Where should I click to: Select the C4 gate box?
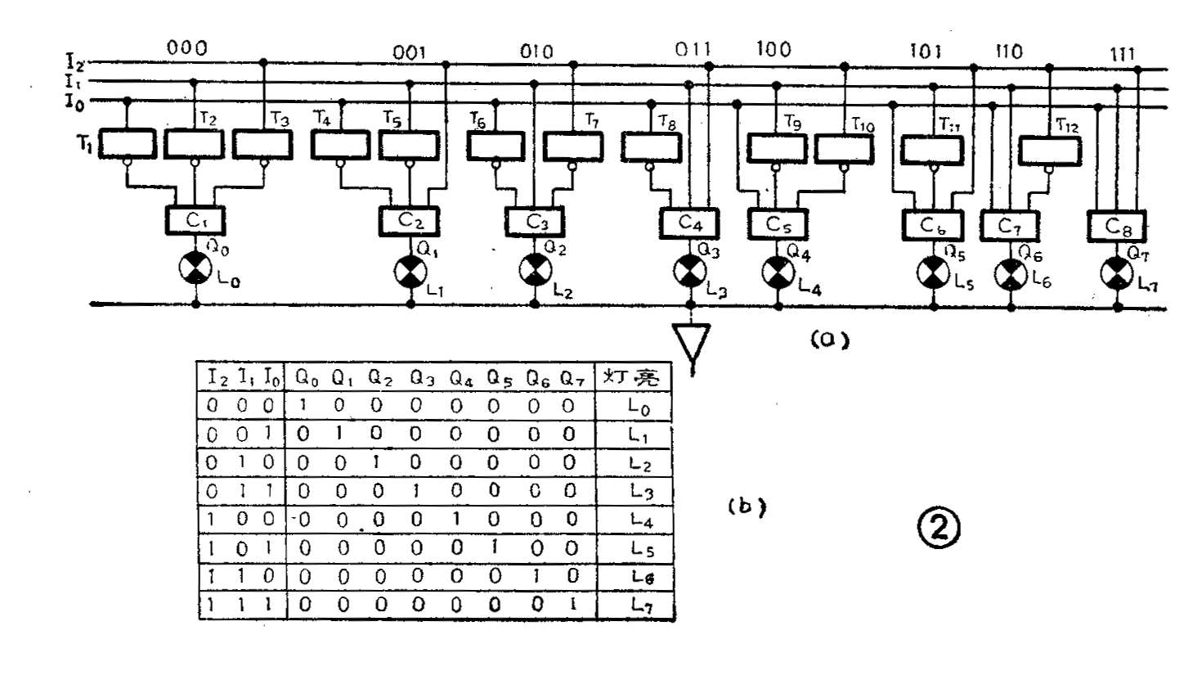(x=688, y=222)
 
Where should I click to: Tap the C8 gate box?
(x=1117, y=225)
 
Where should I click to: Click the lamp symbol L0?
(x=195, y=268)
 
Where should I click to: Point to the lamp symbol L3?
(x=689, y=271)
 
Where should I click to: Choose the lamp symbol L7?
(x=1117, y=272)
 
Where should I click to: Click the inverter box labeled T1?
(x=128, y=144)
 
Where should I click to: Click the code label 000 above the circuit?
(x=186, y=48)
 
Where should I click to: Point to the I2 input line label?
(x=74, y=60)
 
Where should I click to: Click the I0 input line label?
(x=74, y=101)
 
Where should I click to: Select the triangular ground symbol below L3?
(x=692, y=342)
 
